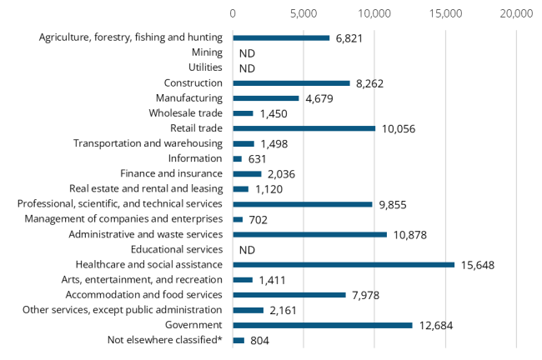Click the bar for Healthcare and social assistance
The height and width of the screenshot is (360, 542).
(344, 264)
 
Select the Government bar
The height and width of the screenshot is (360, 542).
(323, 325)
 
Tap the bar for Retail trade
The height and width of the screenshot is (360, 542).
(304, 128)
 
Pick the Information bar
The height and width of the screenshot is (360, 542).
(238, 158)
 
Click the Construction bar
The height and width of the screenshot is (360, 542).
(291, 82)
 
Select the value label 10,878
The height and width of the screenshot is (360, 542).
(412, 235)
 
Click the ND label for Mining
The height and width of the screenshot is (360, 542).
(247, 53)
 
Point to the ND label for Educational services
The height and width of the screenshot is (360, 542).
(247, 250)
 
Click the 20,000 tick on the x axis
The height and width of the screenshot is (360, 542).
(516, 13)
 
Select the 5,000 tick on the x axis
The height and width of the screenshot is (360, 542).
(304, 13)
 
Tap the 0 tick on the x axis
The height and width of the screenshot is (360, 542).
(233, 13)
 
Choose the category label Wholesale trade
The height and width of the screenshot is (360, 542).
(186, 113)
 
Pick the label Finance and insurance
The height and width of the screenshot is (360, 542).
(171, 173)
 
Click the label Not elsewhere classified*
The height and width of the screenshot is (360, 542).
(165, 340)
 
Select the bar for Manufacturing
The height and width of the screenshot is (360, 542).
(266, 97)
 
